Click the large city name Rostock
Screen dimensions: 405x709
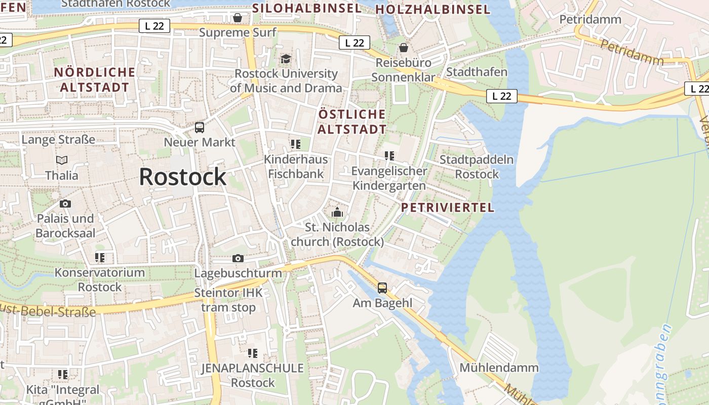(182, 177)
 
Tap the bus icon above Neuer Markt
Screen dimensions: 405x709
(200, 127)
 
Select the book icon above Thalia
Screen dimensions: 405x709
(62, 160)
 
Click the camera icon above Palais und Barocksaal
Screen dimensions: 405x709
(65, 204)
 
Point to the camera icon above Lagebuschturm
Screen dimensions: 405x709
(238, 258)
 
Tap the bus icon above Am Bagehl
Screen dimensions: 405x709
(382, 288)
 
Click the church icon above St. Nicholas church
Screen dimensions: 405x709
(337, 212)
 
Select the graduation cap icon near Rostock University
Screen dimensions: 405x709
(286, 59)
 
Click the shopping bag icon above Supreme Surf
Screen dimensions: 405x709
(238, 18)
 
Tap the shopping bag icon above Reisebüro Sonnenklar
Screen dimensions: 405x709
(404, 48)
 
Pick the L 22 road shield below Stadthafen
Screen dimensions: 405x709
(501, 96)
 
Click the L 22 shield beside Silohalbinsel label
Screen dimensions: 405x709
(354, 43)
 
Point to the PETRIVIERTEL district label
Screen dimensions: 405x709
(447, 208)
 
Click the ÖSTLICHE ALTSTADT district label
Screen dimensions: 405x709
(352, 121)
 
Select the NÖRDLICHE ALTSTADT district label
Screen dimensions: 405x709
(95, 79)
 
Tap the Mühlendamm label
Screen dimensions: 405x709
(499, 368)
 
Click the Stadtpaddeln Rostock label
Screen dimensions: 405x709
(477, 167)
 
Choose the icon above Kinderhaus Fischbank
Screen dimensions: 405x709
(296, 144)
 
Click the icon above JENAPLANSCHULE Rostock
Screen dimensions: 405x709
(252, 353)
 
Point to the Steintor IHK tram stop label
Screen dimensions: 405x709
(229, 300)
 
